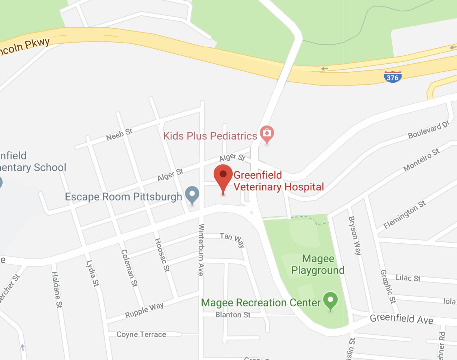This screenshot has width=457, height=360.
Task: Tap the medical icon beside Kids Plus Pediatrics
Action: pos(267,134)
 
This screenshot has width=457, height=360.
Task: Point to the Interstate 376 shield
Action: pos(393,77)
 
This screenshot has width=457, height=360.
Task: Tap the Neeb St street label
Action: pos(119,135)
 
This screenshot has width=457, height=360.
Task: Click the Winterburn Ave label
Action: pos(201,250)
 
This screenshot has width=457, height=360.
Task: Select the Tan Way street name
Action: pos(232,240)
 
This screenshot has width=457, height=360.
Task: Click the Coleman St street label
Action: pos(129,268)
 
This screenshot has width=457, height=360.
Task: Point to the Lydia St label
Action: pos(92,273)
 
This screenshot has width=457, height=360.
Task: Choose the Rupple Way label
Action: pos(144,310)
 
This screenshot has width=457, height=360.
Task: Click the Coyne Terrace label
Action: pos(141,334)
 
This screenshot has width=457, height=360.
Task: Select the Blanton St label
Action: pos(233,315)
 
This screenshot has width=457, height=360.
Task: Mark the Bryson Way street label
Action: pos(355,235)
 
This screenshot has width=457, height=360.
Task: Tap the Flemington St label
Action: pos(404,215)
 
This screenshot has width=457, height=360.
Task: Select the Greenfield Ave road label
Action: pos(401,318)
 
